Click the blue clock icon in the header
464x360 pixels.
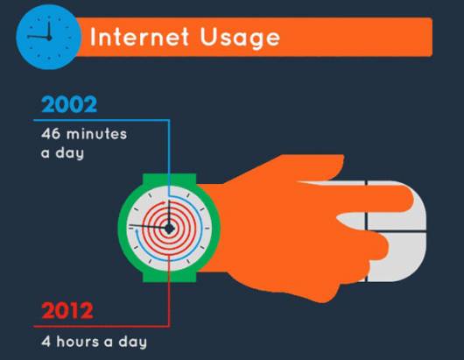coord(48,38)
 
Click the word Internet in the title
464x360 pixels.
coord(139,37)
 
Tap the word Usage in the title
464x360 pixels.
coord(240,39)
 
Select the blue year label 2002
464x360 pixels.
coord(69,104)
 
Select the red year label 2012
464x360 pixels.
coord(67,310)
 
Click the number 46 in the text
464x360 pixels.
coord(51,134)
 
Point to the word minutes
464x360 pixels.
coord(97,134)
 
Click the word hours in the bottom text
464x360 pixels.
coord(78,342)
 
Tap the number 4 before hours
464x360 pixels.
coord(46,342)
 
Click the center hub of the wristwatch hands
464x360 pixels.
coord(169,229)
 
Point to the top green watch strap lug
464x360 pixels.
coord(169,179)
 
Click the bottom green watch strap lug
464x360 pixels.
coord(169,277)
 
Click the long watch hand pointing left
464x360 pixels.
coord(148,227)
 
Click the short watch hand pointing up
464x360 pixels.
coord(169,213)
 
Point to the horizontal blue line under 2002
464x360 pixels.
coord(102,120)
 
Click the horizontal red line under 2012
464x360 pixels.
coord(102,326)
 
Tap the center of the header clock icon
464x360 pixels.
coord(49,38)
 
